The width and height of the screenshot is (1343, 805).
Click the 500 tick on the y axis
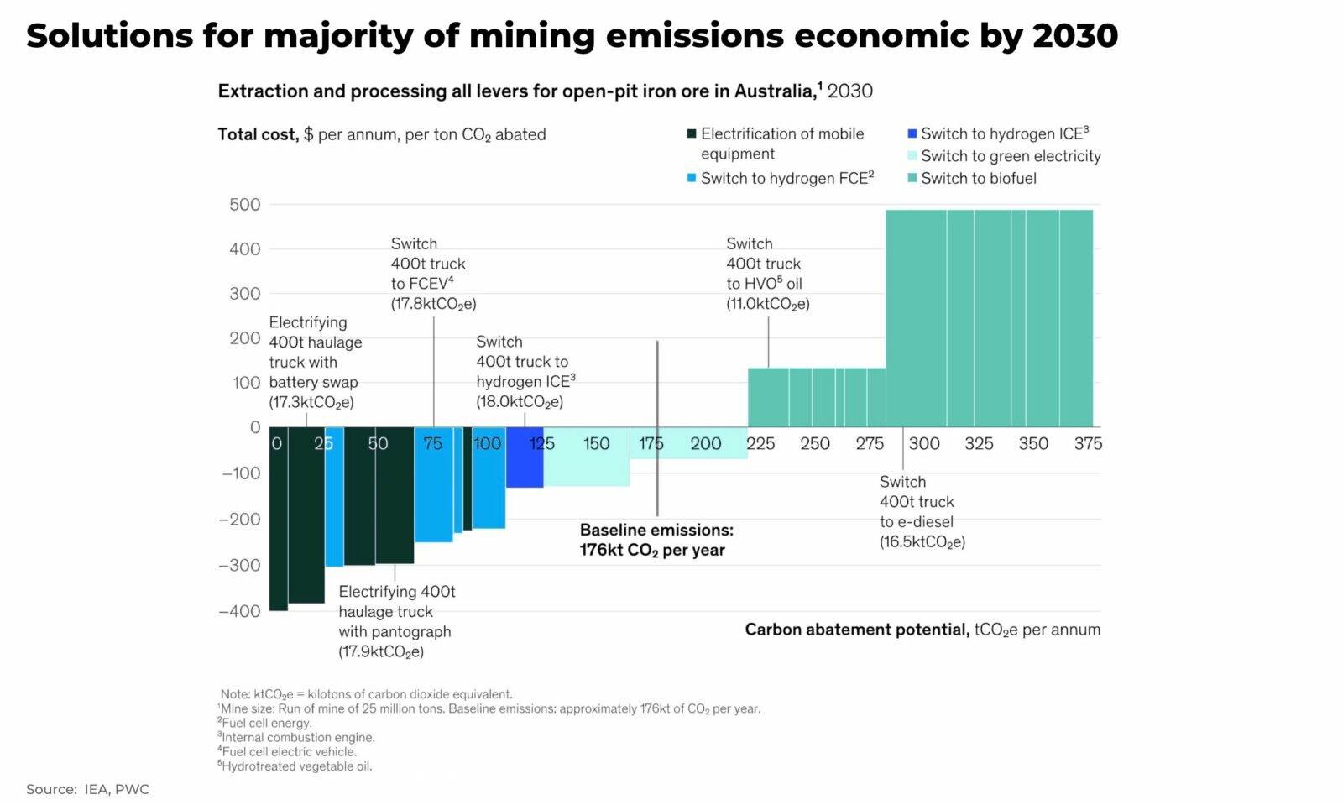click(x=244, y=205)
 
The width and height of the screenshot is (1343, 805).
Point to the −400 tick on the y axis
click(x=240, y=611)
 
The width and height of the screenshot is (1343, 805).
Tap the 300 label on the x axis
click(x=924, y=443)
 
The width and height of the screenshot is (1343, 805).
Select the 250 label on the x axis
click(x=814, y=443)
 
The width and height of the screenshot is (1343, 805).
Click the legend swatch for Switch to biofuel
click(x=912, y=178)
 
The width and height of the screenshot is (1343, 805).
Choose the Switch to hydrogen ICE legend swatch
click(x=912, y=133)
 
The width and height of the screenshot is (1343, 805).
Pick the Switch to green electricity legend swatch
click(x=912, y=156)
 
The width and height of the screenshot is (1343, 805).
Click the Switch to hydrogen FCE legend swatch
click(x=692, y=178)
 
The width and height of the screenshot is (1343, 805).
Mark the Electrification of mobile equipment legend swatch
click(x=692, y=133)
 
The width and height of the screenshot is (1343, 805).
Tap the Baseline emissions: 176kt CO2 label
click(x=656, y=540)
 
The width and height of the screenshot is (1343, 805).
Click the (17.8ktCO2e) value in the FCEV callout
click(x=433, y=304)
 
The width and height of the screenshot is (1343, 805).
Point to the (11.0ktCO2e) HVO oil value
click(x=768, y=304)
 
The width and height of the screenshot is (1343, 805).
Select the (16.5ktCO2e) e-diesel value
click(x=922, y=542)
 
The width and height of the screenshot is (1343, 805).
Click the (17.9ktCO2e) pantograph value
click(x=381, y=652)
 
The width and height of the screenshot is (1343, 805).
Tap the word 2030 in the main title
click(x=1075, y=36)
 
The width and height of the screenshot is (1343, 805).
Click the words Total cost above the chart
click(x=258, y=134)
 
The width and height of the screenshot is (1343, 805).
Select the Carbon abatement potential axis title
click(x=922, y=630)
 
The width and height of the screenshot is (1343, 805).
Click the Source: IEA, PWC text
click(x=87, y=789)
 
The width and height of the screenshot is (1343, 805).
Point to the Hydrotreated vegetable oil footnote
click(x=295, y=766)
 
